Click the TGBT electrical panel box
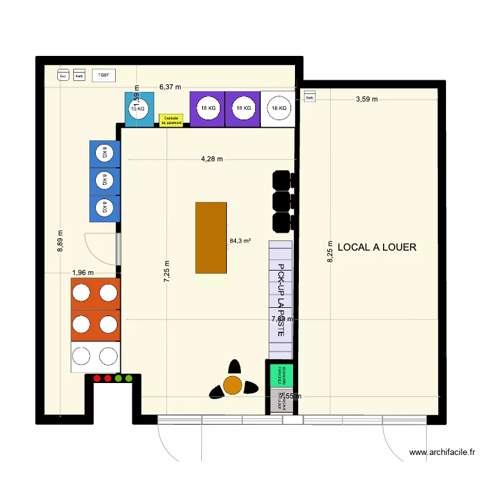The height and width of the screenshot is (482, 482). (103, 75)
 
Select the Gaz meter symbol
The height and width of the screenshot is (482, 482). (63, 76)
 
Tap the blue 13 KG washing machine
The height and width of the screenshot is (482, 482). (139, 109)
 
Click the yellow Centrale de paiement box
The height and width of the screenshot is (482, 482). (171, 120)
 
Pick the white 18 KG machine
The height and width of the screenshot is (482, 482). (278, 109)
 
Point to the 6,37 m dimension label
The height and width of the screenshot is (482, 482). (170, 87)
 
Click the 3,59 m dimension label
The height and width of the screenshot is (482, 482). (367, 99)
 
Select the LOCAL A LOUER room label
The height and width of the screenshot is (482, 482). (377, 247)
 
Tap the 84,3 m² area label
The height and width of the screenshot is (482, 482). (240, 242)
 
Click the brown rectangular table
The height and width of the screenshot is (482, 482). (211, 238)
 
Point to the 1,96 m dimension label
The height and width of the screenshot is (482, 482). (83, 272)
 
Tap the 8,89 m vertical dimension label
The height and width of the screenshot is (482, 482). (61, 242)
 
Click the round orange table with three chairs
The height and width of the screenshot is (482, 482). (232, 384)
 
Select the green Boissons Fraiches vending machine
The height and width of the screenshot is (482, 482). (281, 374)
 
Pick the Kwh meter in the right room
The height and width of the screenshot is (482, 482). (310, 98)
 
